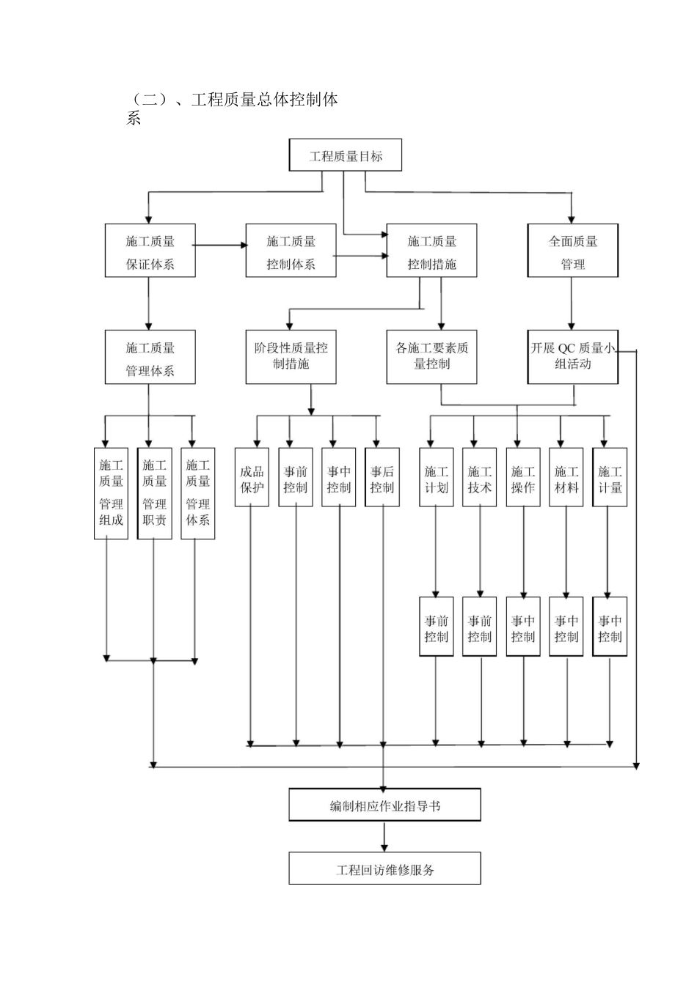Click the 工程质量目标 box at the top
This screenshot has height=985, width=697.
346,155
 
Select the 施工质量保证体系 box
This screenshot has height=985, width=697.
150,251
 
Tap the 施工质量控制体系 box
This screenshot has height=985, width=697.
291,251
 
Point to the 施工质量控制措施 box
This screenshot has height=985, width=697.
431,251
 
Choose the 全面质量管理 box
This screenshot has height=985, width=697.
573,251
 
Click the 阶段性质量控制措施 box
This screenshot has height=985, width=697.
291,357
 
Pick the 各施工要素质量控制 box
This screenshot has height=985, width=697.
431,357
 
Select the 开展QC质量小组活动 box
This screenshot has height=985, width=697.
573,357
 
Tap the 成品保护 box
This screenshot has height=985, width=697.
252,477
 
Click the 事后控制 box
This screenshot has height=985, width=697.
382,477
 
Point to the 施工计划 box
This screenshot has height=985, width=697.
436,477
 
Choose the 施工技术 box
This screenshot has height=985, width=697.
480,477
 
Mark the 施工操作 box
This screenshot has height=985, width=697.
523,477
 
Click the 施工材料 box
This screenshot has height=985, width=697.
566,477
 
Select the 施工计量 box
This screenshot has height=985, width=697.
610,477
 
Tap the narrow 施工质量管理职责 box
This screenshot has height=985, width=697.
154,493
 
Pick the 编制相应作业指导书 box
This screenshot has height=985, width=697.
384,805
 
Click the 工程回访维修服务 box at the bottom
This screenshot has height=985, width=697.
384,868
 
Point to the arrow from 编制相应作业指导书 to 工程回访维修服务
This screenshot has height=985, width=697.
384,836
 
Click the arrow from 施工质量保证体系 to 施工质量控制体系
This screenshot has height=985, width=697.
221,246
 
